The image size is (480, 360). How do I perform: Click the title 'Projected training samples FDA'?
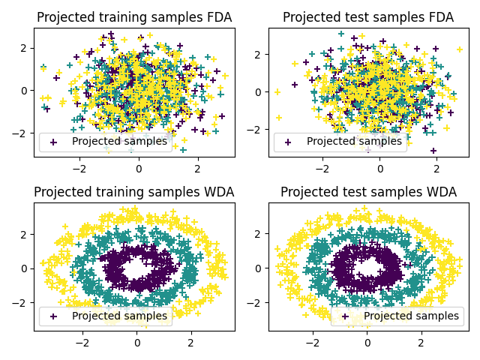pyautogui.click(x=134, y=17)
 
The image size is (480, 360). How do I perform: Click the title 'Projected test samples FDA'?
pyautogui.click(x=367, y=17)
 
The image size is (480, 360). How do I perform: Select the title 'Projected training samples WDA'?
pyautogui.click(x=134, y=192)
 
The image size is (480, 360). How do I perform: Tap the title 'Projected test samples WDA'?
pyautogui.click(x=367, y=192)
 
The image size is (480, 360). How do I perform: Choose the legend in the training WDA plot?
pyautogui.click(x=105, y=316)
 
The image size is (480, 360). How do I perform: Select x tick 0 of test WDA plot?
pyautogui.click(x=367, y=343)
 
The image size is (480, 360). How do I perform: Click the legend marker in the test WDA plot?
pyautogui.click(x=346, y=316)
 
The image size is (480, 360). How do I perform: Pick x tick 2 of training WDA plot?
pyautogui.click(x=190, y=343)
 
